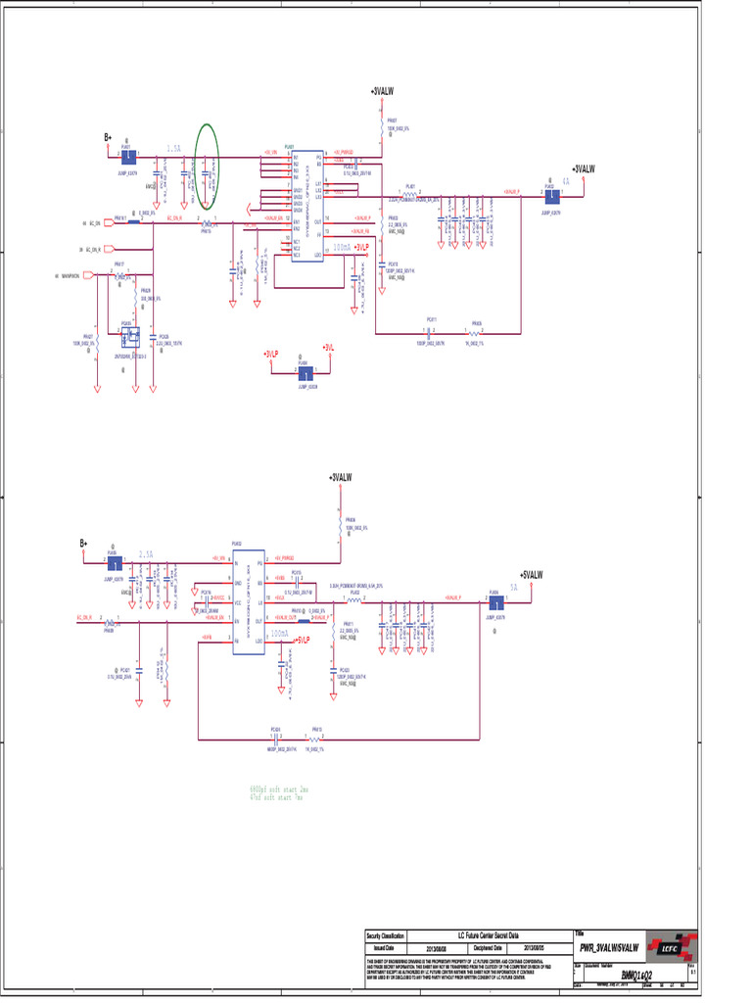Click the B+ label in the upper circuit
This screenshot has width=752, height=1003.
coord(108,138)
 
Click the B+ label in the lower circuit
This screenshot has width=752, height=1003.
coord(84,543)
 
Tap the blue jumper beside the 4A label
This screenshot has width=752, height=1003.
coord(551,193)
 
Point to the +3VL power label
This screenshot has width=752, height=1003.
coord(329,349)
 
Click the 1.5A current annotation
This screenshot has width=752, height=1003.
coord(173,148)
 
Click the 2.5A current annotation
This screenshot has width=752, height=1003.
coord(147,553)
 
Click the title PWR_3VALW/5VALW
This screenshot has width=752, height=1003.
coord(608,948)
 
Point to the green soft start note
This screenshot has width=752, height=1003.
coord(279,792)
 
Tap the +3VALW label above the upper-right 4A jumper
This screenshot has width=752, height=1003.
coord(584,169)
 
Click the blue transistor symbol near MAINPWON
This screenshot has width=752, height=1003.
coord(127,337)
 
